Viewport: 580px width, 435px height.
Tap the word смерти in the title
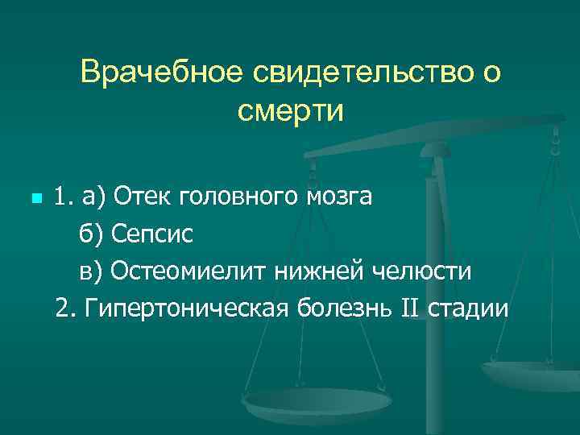(x=290, y=111)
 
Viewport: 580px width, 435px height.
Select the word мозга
(x=339, y=196)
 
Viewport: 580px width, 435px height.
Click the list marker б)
(x=91, y=234)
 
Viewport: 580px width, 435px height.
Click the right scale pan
(x=532, y=373)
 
